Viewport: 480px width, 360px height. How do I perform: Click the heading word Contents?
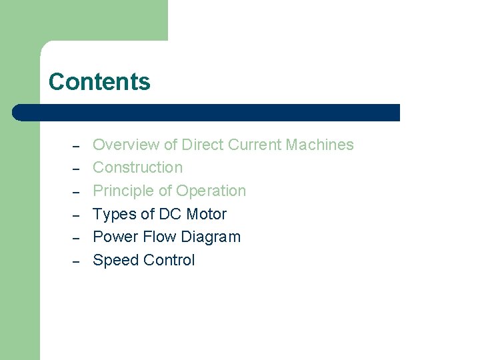click(x=99, y=82)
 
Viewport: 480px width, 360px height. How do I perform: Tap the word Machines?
click(x=320, y=145)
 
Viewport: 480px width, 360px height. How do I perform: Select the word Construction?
click(x=137, y=167)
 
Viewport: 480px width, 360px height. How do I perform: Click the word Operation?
click(x=211, y=191)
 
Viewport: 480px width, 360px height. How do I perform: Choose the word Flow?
click(x=157, y=237)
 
